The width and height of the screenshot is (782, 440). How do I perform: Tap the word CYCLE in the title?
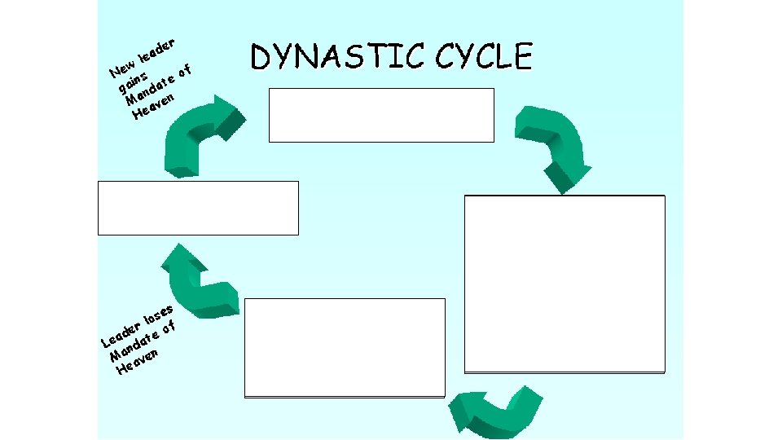(484, 57)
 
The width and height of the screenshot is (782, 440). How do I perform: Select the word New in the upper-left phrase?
(123, 71)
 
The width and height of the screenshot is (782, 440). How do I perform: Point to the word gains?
(132, 81)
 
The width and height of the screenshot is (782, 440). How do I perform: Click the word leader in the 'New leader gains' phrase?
(158, 51)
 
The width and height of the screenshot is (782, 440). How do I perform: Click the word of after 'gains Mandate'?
(187, 73)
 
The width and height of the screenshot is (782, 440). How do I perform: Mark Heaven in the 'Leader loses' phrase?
(137, 363)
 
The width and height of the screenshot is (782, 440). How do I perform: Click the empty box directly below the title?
(381, 115)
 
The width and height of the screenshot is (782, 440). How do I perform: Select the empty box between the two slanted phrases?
(198, 208)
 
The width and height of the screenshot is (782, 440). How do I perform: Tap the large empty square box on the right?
(565, 284)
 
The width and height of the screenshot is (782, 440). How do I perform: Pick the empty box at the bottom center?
(345, 347)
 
